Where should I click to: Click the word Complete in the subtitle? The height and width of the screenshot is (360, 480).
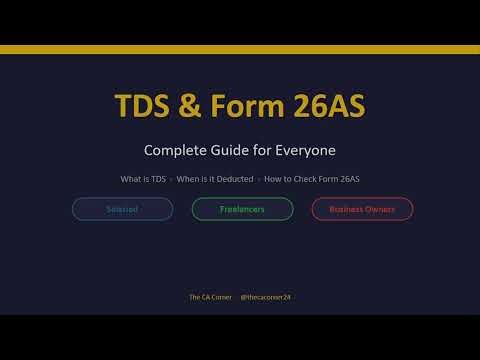coord(176,151)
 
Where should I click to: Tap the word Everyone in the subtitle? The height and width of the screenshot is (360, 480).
coord(305,151)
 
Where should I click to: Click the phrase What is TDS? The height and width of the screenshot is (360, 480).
coord(142,179)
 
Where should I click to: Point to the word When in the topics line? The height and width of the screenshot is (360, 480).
coord(189,179)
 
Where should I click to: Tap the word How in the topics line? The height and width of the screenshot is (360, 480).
coord(274,179)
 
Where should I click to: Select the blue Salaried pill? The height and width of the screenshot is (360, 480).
coord(122,209)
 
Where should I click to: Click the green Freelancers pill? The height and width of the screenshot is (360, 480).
coord(242,209)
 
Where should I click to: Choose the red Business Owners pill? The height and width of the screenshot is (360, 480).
coord(362,209)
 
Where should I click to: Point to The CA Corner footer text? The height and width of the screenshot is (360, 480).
coord(208,297)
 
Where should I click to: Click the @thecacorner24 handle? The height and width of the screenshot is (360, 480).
coord(265,297)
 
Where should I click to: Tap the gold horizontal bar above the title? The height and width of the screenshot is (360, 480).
coord(240,49)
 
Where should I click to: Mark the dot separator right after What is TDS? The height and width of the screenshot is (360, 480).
coord(170,179)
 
